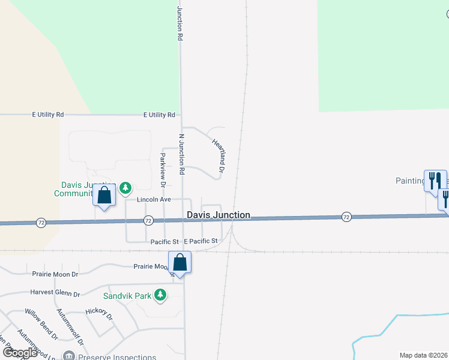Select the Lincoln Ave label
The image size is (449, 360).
[x=154, y=199]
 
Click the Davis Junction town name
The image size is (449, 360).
[x=218, y=215]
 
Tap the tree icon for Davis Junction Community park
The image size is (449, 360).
[x=125, y=188]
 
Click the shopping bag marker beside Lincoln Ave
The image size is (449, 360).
[x=104, y=195]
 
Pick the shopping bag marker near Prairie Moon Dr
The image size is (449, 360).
[x=179, y=262]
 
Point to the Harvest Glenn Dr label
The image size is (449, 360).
[x=55, y=294]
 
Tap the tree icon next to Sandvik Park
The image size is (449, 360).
[x=160, y=295]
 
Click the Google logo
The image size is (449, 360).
[x=20, y=352]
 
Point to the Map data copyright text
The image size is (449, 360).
[x=424, y=355]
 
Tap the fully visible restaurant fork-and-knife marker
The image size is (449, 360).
[x=435, y=180]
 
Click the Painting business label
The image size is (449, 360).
[x=409, y=180]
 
